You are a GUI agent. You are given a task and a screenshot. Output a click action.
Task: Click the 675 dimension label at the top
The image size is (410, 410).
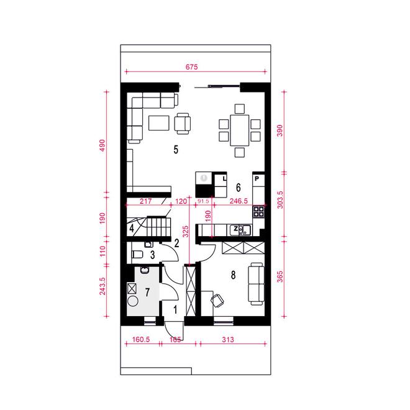click(192, 67)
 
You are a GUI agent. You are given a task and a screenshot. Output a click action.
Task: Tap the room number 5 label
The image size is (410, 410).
click(176, 150)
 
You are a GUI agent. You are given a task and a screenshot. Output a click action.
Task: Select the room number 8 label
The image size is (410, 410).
click(233, 275)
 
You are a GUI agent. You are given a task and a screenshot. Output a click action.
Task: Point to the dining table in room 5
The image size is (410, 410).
click(240, 130)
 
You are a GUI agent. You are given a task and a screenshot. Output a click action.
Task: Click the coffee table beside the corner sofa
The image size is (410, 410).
click(158, 123)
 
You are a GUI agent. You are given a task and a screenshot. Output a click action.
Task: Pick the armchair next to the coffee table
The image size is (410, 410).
click(182, 124)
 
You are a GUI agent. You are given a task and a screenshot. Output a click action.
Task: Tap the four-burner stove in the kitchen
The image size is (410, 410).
click(258, 212)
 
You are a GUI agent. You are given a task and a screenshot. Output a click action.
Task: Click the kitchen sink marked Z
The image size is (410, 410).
click(240, 230)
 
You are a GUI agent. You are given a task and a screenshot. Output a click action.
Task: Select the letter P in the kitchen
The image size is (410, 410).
click(257, 179)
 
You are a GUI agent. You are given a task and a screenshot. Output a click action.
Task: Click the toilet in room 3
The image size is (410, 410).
click(137, 254)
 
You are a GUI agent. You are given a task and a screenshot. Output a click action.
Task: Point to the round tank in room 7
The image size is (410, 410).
click(133, 301)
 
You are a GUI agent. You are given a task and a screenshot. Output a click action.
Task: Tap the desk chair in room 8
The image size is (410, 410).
click(217, 301)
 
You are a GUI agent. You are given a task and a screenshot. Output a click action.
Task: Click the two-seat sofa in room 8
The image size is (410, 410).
click(256, 284)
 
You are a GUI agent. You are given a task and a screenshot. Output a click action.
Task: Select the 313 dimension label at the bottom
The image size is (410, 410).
click(228, 340)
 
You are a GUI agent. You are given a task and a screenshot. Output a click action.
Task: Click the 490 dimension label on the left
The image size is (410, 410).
click(102, 145)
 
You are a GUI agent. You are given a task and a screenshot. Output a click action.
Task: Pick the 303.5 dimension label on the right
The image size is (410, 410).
click(280, 200)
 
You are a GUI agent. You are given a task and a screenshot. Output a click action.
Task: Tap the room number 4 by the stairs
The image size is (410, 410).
click(132, 228)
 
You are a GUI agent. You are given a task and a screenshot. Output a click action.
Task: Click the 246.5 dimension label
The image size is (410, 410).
click(239, 201)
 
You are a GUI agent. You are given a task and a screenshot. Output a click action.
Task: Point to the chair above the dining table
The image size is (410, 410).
click(240, 109)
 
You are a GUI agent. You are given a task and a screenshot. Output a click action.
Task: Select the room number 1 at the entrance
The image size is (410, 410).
click(175, 309)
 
